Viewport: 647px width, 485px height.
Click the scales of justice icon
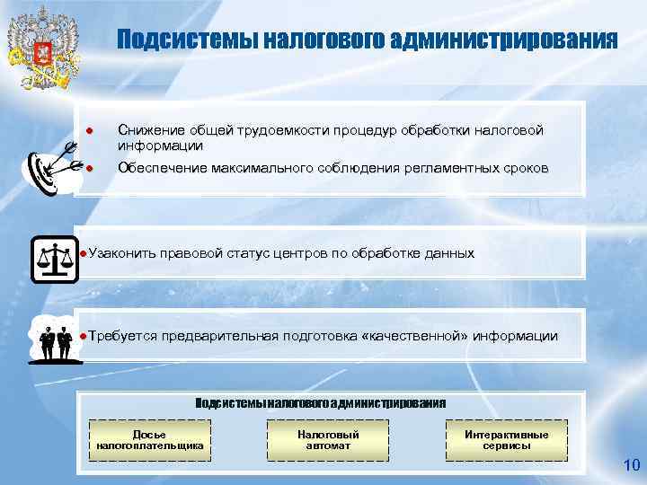55,260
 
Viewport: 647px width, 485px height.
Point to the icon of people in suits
54,340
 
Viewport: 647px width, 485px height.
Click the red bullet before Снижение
90,132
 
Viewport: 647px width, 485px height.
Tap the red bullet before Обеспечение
90,168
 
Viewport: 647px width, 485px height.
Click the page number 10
630,465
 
